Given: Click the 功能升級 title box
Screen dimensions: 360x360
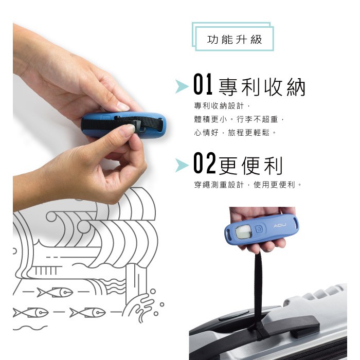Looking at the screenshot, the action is click(x=233, y=37).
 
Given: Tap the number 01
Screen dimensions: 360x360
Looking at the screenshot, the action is click(x=203, y=84).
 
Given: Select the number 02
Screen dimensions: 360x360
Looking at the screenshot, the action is click(x=204, y=163).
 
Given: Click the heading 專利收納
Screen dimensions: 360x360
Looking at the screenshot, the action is click(x=262, y=87).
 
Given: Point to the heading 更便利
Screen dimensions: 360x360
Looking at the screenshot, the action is click(x=251, y=165).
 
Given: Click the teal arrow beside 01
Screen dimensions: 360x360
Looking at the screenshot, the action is click(x=182, y=86).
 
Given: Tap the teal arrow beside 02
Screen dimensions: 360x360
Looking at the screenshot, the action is click(x=182, y=165).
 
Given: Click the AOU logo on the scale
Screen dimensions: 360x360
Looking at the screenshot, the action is click(x=280, y=226).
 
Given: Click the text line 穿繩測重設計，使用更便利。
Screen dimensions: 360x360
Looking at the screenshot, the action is click(x=248, y=184).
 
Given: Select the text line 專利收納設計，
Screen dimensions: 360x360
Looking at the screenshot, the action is click(x=222, y=106).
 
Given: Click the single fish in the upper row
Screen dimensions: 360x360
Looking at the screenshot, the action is click(x=56, y=292).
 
